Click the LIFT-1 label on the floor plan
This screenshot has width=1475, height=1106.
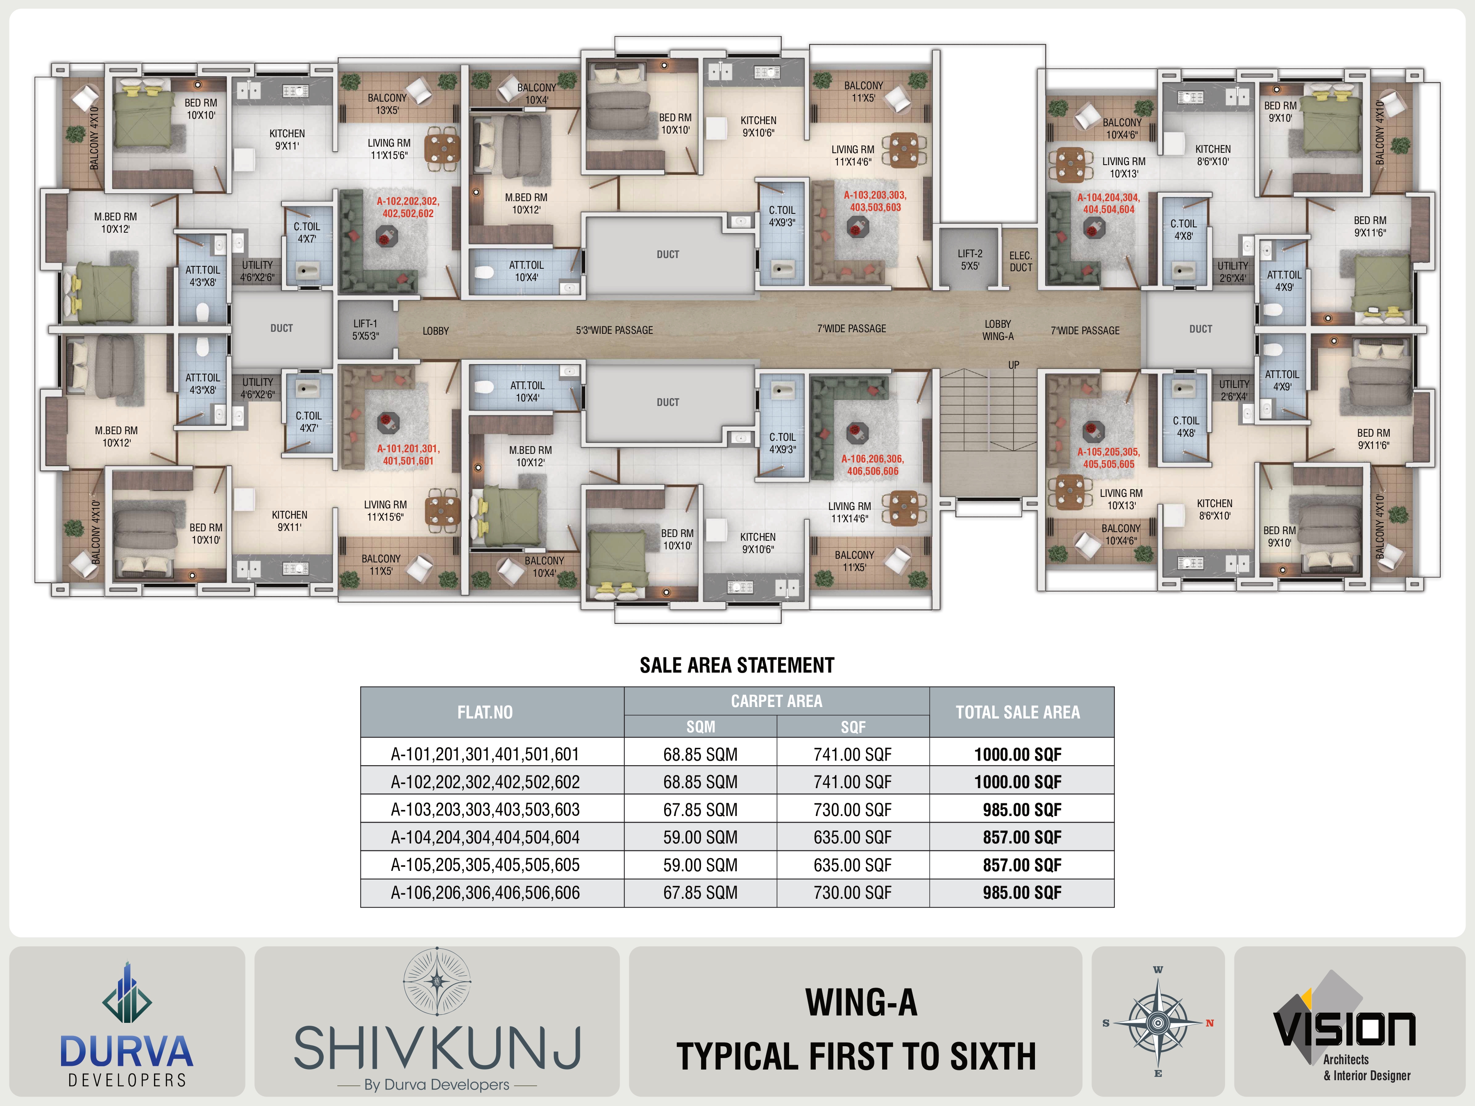pos(365,329)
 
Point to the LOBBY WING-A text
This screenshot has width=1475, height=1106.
pos(998,330)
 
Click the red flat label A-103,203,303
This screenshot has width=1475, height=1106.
pos(875,201)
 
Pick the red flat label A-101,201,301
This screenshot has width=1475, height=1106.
pos(408,455)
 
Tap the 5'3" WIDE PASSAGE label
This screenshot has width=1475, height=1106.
pos(614,330)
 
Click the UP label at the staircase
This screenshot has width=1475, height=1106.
pos(1014,365)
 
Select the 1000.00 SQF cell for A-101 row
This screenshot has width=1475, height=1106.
pos(1018,754)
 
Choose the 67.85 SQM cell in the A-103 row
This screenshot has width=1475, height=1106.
pos(700,809)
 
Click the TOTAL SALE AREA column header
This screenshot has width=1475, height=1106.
pos(1018,712)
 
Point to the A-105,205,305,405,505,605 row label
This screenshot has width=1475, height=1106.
pos(485,865)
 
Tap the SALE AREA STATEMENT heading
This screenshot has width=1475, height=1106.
pos(737,665)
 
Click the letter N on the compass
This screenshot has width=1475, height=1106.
pos(1209,1023)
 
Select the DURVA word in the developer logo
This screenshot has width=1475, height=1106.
pos(126,1052)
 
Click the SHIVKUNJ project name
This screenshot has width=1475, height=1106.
pos(437,1047)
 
